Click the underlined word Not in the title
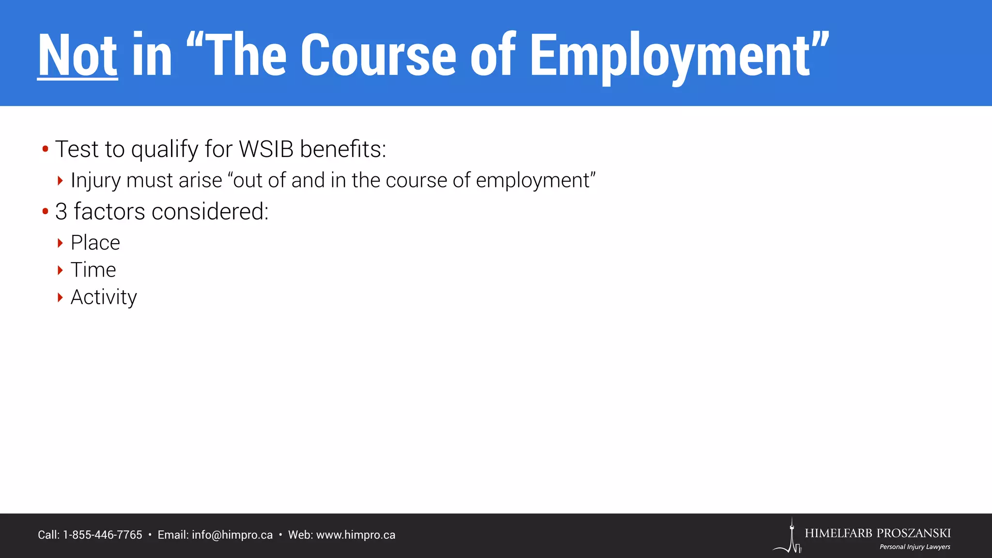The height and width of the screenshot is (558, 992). click(77, 55)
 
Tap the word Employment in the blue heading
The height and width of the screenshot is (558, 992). click(670, 55)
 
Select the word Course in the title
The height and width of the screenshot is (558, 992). click(378, 55)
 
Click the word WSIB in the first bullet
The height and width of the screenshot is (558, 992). click(266, 149)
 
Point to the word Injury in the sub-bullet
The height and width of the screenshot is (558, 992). click(95, 181)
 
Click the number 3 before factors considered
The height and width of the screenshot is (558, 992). click(61, 212)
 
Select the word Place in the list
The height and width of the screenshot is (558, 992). click(95, 243)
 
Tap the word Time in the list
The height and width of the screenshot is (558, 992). click(93, 270)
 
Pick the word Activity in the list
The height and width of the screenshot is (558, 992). click(104, 297)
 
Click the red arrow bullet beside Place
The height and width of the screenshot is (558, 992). click(60, 243)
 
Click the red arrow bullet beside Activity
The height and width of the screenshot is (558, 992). click(60, 297)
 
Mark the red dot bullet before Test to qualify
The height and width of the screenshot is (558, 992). click(45, 149)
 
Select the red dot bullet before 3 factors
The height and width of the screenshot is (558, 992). click(45, 211)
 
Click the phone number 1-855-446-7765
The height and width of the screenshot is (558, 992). click(103, 535)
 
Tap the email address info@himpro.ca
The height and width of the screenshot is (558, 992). click(232, 535)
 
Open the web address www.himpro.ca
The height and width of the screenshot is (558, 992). click(356, 535)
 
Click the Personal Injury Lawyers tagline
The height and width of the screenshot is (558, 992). click(914, 547)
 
